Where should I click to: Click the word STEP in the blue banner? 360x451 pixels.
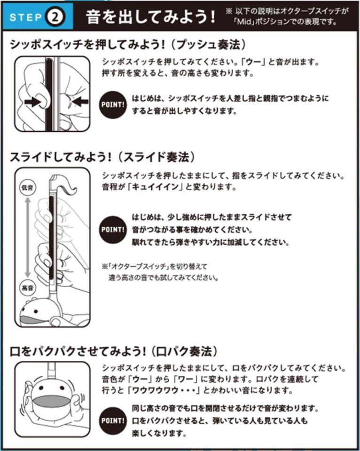(x=26, y=17)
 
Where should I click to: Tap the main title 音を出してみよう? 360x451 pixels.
(x=150, y=17)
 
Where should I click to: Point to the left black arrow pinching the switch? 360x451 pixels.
(x=32, y=101)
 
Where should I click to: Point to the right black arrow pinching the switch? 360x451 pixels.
(x=80, y=101)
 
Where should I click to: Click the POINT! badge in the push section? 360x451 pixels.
(x=113, y=105)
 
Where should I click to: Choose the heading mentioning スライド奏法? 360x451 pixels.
(x=102, y=157)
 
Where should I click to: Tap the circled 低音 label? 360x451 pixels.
(x=28, y=187)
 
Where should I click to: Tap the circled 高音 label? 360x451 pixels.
(x=28, y=288)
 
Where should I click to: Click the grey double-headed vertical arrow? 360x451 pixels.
(x=28, y=238)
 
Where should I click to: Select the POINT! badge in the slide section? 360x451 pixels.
(x=113, y=230)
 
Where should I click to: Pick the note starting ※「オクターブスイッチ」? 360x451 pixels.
(x=160, y=272)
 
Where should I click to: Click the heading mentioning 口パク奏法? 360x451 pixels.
(x=114, y=351)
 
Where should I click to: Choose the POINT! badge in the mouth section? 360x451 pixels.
(x=113, y=420)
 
